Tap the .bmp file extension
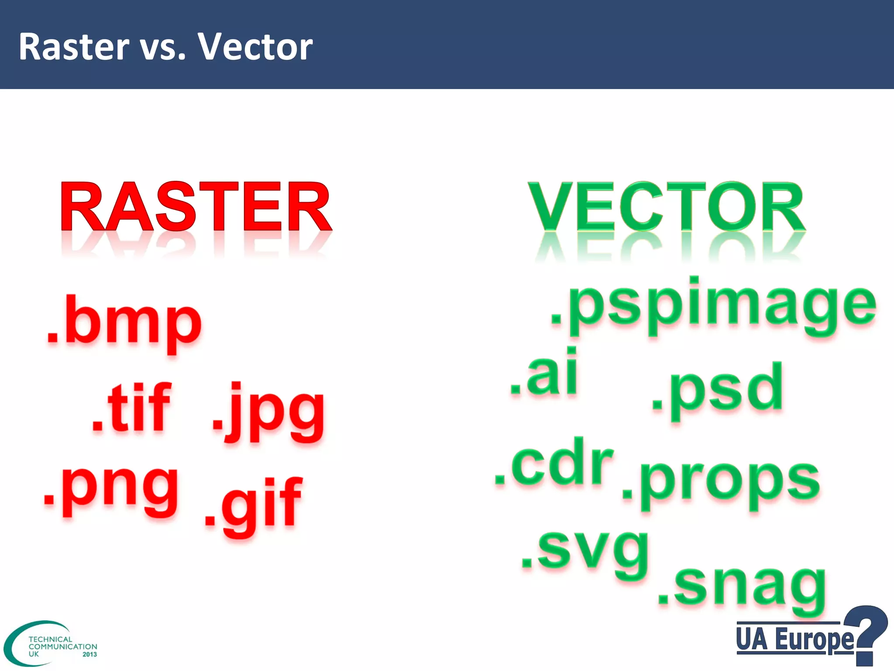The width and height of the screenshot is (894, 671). [x=124, y=323]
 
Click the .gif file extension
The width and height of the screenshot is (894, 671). [x=253, y=507]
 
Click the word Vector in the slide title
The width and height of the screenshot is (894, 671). [x=255, y=47]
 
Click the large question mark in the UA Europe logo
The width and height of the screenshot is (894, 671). [x=866, y=633]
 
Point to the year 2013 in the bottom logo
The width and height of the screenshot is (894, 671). [x=89, y=654]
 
